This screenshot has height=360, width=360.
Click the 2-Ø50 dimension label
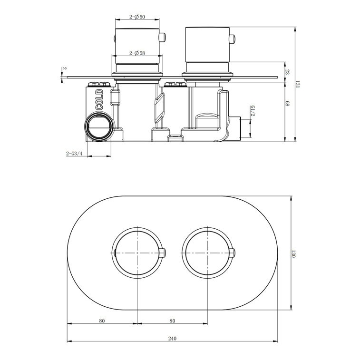pyautogui.click(x=137, y=17)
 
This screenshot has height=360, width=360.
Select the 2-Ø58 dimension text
pyautogui.click(x=137, y=53)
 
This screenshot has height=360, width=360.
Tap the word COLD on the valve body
pyautogui.click(x=100, y=100)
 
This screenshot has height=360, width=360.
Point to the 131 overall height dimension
pyautogui.click(x=298, y=84)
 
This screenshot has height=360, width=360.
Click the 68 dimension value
pyautogui.click(x=287, y=103)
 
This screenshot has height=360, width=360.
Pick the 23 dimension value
pyautogui.click(x=287, y=72)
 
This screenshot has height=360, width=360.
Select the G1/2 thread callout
pyautogui.click(x=253, y=111)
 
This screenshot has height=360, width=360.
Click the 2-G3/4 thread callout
pyautogui.click(x=74, y=154)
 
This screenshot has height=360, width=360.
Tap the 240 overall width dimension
pyautogui.click(x=172, y=339)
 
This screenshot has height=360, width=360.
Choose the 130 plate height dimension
pyautogui.click(x=293, y=253)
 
